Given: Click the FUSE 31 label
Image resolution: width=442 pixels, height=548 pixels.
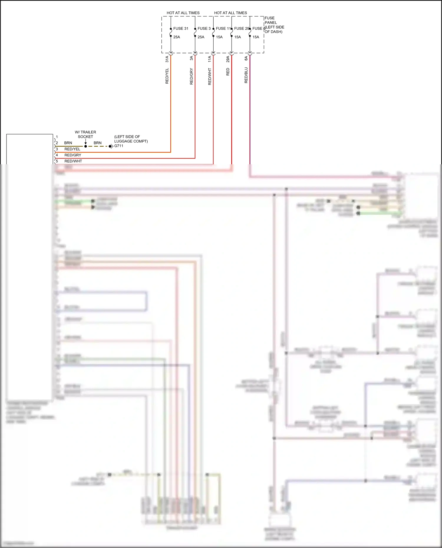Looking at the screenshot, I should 180,29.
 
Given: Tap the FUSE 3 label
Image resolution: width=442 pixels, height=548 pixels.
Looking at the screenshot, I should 204,29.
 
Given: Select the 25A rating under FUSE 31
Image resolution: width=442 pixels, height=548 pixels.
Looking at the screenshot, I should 177,37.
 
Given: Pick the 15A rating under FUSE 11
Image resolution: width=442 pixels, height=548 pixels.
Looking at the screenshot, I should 219,37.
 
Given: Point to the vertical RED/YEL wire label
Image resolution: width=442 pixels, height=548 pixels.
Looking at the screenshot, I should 167,76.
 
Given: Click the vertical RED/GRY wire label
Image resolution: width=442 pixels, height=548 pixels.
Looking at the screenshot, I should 192,76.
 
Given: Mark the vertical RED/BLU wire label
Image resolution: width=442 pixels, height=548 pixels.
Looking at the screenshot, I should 246,75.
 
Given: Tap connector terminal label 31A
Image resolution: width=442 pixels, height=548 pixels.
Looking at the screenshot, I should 167,59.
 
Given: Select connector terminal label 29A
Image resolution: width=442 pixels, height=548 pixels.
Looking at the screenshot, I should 228,59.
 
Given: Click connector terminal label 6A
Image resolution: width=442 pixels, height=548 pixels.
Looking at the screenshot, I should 246,58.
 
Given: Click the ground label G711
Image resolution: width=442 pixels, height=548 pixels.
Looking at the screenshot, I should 119,146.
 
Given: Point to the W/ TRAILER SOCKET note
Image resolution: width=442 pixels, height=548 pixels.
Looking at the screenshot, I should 85,134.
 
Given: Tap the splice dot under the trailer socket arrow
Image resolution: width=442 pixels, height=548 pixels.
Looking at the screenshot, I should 86,146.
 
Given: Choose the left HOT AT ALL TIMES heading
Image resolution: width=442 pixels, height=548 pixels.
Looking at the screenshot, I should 183,13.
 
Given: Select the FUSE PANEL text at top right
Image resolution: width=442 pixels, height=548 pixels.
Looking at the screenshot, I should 271,20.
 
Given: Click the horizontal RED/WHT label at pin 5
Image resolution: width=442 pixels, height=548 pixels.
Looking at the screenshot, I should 73,161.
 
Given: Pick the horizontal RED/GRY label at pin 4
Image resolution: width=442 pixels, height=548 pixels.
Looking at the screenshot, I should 73,155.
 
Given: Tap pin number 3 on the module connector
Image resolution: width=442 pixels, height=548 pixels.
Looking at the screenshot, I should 57,149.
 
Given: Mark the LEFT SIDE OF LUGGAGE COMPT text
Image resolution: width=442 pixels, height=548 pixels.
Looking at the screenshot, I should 131,139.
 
